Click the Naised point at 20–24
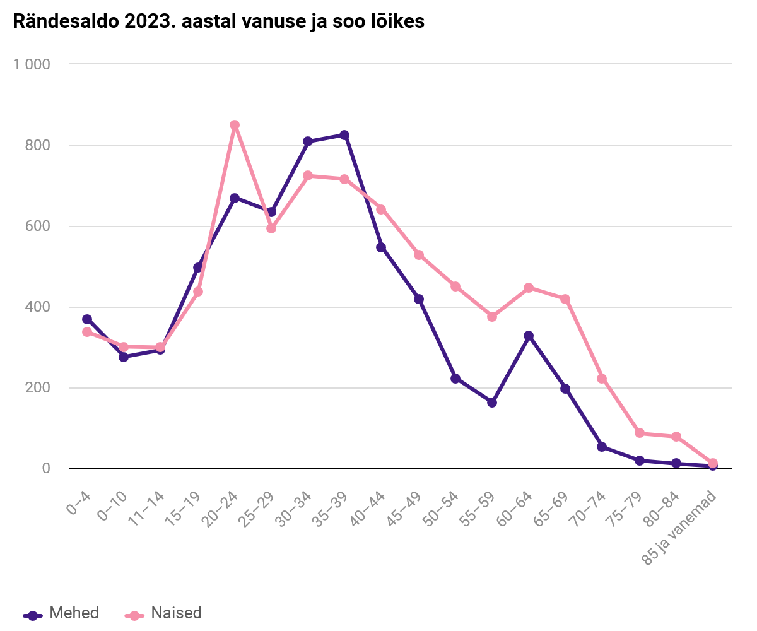click(x=235, y=125)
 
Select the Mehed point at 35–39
click(x=344, y=135)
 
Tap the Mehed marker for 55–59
click(x=492, y=403)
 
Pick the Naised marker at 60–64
click(x=529, y=288)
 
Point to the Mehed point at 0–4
click(x=87, y=319)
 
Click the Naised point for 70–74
click(x=602, y=379)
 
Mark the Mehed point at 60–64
click(x=529, y=336)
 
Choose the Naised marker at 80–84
click(x=676, y=437)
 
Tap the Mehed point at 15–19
click(x=197, y=268)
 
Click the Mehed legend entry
click(x=61, y=613)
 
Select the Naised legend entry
click(x=164, y=613)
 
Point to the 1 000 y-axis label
click(x=32, y=64)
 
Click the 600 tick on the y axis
click(x=37, y=226)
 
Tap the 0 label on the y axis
click(x=46, y=468)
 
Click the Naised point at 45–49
click(x=418, y=255)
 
